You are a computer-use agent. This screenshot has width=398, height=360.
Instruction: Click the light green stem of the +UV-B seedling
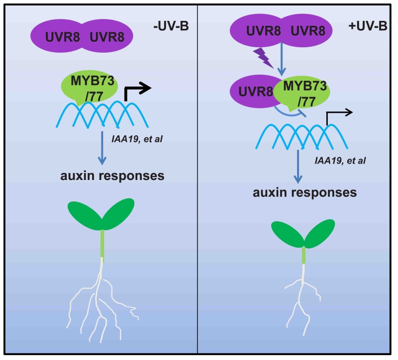[303, 255]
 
